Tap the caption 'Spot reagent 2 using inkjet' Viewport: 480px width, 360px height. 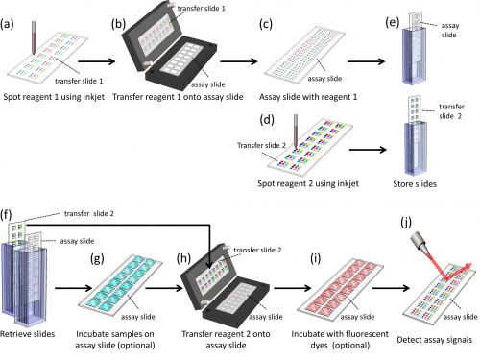pos(301,182)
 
